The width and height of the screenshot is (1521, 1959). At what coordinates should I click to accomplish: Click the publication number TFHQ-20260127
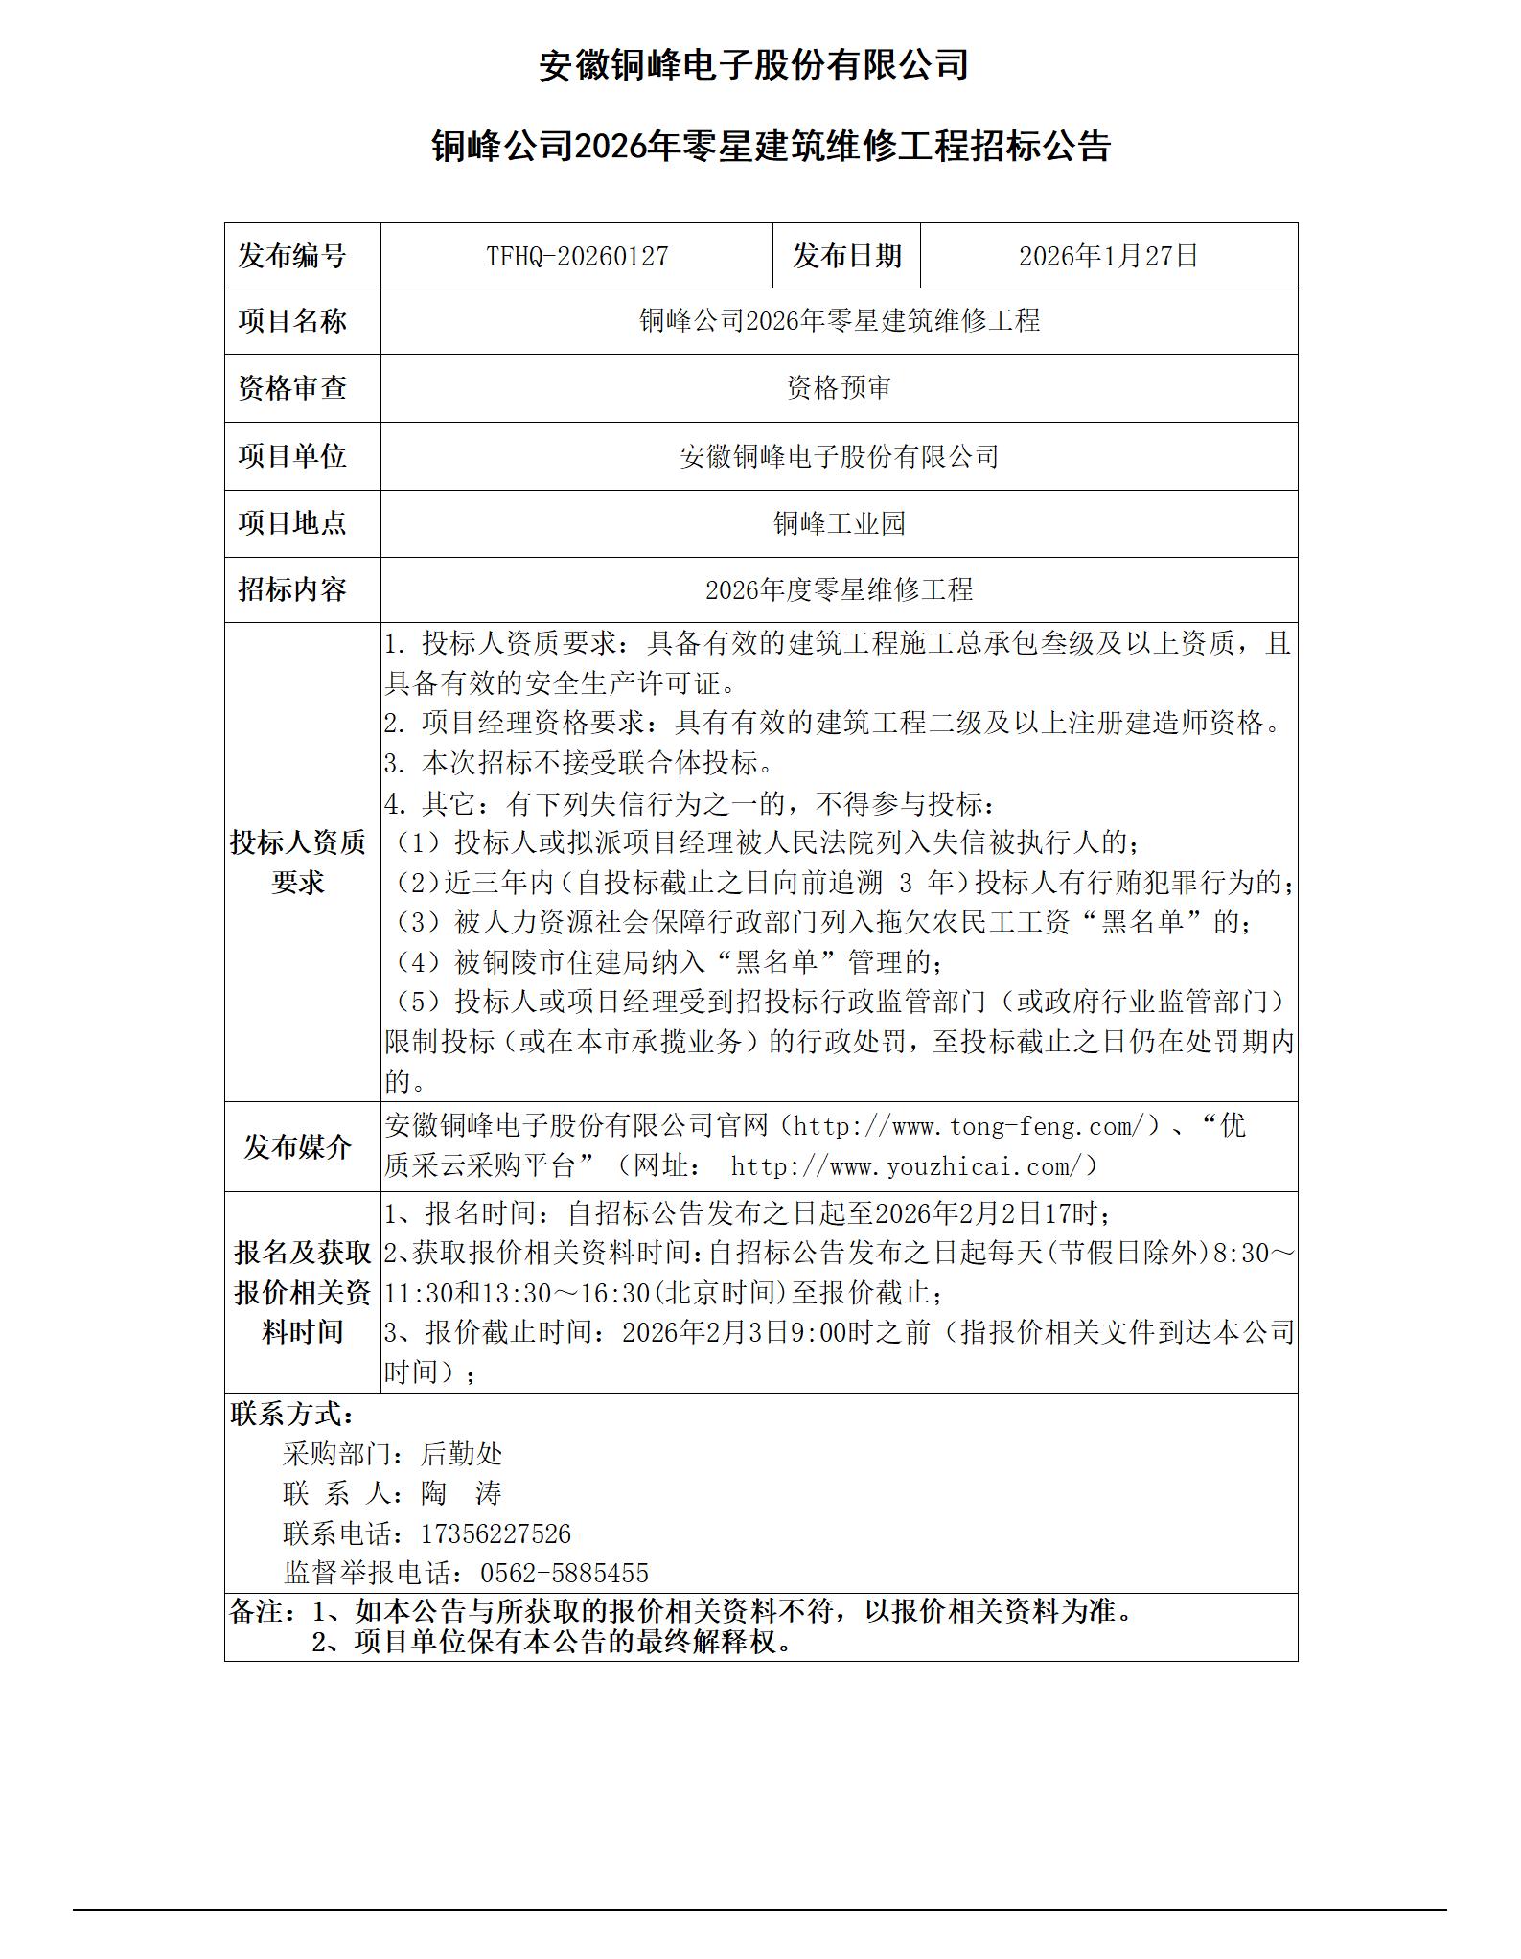[x=577, y=256]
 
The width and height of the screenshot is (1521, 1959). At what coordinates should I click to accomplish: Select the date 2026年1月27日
[x=1108, y=256]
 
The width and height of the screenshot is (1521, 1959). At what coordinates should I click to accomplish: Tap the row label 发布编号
[x=292, y=256]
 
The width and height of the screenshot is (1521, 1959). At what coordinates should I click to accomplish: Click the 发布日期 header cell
[x=846, y=256]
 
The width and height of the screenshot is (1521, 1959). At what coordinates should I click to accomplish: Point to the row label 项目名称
[x=292, y=321]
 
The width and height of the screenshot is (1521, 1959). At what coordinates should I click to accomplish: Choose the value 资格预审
[x=839, y=388]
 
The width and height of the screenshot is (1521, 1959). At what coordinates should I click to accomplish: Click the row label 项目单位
[x=292, y=455]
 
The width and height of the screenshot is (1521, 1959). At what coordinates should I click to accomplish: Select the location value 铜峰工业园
[x=839, y=523]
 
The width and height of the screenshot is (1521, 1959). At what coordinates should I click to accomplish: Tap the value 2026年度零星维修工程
[x=839, y=589]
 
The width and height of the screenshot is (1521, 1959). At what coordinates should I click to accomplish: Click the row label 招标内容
[x=292, y=589]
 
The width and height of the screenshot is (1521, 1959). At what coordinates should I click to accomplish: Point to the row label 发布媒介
[x=298, y=1146]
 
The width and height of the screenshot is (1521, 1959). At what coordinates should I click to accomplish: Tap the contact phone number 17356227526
[x=495, y=1533]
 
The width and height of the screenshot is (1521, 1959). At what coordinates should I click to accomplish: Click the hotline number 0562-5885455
[x=564, y=1573]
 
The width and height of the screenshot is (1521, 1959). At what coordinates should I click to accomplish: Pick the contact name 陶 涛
[x=461, y=1493]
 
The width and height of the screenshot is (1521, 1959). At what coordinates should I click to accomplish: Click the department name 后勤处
[x=461, y=1454]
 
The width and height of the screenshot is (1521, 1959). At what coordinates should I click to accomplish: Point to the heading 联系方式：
[x=292, y=1414]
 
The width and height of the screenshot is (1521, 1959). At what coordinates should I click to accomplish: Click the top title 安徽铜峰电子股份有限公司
[x=753, y=65]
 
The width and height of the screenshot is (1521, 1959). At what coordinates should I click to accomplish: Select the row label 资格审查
[x=292, y=388]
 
